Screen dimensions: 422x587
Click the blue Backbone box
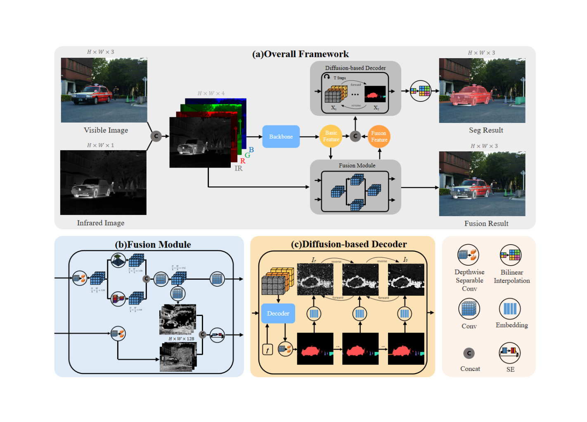pyautogui.click(x=281, y=137)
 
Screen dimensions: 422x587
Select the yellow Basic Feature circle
pyautogui.click(x=331, y=136)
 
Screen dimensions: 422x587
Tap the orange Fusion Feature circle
pyautogui.click(x=379, y=137)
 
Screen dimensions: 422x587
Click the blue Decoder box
pyautogui.click(x=278, y=314)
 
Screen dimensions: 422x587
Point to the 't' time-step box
pyautogui.click(x=267, y=350)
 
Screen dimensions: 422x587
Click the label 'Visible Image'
pyautogui.click(x=106, y=130)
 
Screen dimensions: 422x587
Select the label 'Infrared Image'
pyautogui.click(x=100, y=223)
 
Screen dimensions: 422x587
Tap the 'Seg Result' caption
pyautogui.click(x=486, y=130)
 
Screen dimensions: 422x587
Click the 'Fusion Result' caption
pyautogui.click(x=486, y=224)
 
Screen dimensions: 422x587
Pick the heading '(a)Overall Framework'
pyautogui.click(x=300, y=54)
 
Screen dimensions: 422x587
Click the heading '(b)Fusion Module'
pyautogui.click(x=153, y=245)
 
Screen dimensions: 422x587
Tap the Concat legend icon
pyautogui.click(x=469, y=353)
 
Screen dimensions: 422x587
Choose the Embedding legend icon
pyautogui.click(x=510, y=309)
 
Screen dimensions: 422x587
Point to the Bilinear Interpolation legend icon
pyautogui.click(x=511, y=255)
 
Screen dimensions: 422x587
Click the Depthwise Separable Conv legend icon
pyautogui.click(x=468, y=255)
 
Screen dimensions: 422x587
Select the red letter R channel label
pyautogui.click(x=243, y=161)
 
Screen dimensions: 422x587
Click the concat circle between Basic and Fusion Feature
pyautogui.click(x=355, y=136)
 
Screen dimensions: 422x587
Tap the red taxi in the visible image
pyautogui.click(x=92, y=94)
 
